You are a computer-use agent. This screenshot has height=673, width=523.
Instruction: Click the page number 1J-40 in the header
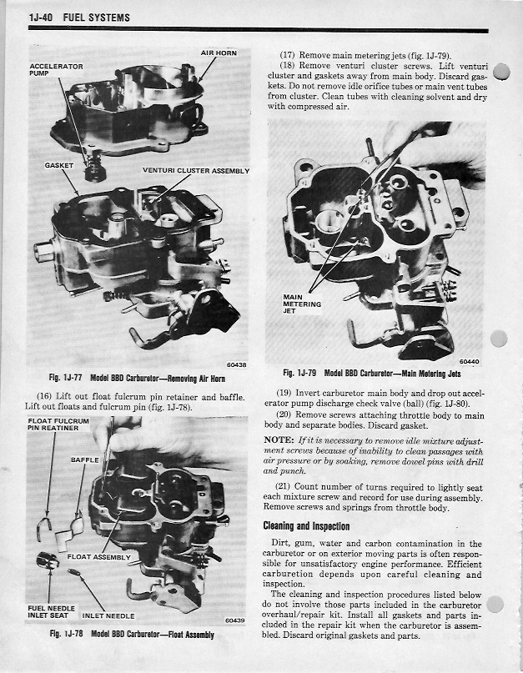point(40,18)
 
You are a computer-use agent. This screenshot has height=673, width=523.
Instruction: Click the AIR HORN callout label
point(219,53)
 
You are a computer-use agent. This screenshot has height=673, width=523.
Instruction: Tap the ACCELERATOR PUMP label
point(56,70)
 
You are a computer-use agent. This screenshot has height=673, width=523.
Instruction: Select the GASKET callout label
point(59,165)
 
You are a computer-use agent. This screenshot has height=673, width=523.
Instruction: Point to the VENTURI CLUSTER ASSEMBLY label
point(196,170)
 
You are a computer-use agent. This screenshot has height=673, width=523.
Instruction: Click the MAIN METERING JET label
point(302,304)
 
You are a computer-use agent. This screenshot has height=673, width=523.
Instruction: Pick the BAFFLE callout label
point(85,460)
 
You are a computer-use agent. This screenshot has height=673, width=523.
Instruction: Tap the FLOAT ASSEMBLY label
point(98,557)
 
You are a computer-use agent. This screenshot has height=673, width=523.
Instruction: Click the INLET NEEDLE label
point(108,616)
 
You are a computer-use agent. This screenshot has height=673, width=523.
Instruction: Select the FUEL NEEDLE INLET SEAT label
point(51,611)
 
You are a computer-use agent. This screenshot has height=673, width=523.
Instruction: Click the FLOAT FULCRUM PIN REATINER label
point(58,424)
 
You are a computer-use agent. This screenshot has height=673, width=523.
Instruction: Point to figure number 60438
point(237,364)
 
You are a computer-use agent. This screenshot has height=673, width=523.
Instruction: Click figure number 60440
point(469,361)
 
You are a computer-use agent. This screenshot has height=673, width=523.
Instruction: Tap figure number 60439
point(235,620)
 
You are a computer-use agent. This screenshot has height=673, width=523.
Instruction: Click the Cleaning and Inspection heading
point(306,526)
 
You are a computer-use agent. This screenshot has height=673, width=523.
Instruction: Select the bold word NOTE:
point(279,440)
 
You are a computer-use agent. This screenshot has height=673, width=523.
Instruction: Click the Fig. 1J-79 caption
point(372,374)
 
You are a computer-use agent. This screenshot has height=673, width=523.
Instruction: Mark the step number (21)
point(284,487)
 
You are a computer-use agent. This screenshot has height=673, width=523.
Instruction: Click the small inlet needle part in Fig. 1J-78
point(74,572)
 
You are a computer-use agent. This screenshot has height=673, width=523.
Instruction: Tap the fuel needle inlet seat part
point(48,560)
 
